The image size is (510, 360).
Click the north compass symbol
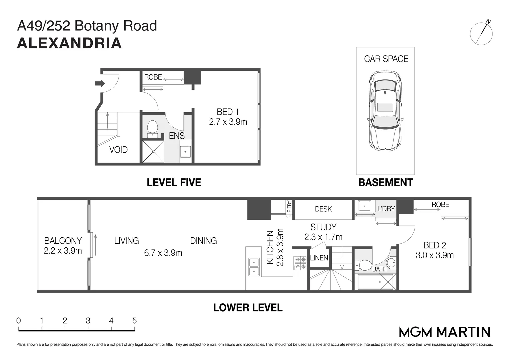(481, 34)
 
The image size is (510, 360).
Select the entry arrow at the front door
(99, 83)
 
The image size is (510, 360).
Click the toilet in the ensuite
(152, 128)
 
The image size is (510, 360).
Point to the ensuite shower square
(153, 152)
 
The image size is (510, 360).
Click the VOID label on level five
(118, 150)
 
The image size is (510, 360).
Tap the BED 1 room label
(228, 112)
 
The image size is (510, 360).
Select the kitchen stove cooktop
(300, 263)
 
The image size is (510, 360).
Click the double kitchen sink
(254, 267)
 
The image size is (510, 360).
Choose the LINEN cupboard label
(319, 258)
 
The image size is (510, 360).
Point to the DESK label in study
(323, 209)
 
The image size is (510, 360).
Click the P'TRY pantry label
(289, 206)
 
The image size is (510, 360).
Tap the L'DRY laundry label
(386, 209)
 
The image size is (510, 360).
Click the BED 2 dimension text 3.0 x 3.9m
(434, 255)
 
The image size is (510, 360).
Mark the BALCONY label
(63, 241)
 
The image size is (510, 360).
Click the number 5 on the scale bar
(134, 321)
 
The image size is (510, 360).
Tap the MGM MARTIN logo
(445, 332)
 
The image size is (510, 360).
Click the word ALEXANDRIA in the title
(69, 44)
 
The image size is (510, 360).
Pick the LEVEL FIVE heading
(174, 182)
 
